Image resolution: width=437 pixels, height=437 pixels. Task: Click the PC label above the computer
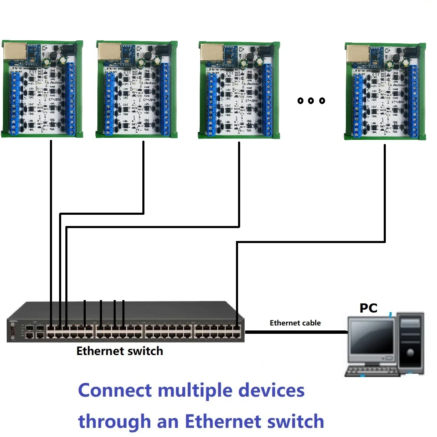click(x=368, y=308)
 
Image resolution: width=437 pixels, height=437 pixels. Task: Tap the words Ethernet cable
click(x=295, y=323)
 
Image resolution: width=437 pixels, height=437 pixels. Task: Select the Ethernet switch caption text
click(x=119, y=351)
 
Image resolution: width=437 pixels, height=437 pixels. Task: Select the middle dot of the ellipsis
click(x=310, y=100)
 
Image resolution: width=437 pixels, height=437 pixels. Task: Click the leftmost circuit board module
click(x=42, y=89)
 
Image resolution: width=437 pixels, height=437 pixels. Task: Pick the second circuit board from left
click(x=137, y=89)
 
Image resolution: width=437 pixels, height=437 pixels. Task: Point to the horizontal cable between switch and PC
click(x=295, y=332)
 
